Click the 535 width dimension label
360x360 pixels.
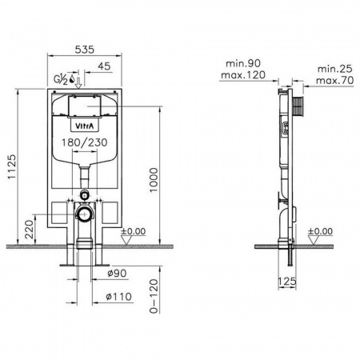click(x=84, y=50)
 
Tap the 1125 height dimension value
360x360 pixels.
click(x=12, y=167)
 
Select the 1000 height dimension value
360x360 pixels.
click(x=154, y=180)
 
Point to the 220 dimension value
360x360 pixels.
click(x=30, y=230)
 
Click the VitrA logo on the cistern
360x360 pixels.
click(x=83, y=126)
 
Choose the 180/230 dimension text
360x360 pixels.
click(x=85, y=142)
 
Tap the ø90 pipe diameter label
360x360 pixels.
click(x=117, y=273)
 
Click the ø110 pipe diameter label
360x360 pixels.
click(x=118, y=297)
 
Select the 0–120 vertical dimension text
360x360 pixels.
click(x=154, y=296)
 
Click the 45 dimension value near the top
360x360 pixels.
click(x=104, y=66)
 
